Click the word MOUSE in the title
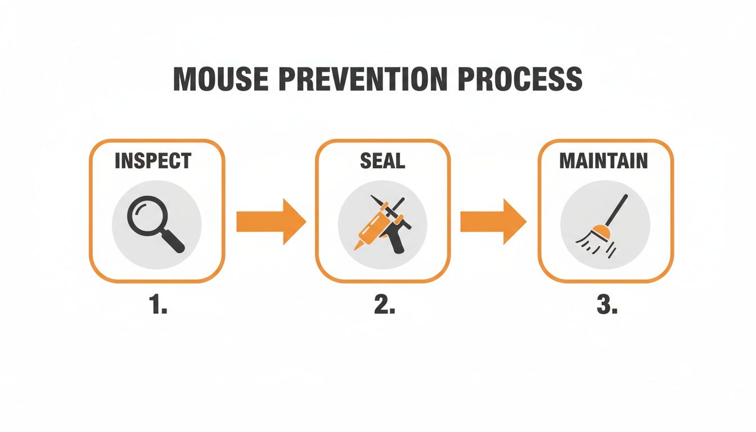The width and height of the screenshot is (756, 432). (217, 79)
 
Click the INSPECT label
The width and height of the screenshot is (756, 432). (152, 161)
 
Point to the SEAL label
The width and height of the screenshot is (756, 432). (382, 161)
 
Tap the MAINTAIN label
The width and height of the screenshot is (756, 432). (604, 161)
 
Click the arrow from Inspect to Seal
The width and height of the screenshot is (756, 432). (270, 222)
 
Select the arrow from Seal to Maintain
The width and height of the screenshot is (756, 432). (493, 222)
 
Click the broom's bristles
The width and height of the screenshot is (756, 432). (588, 243)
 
